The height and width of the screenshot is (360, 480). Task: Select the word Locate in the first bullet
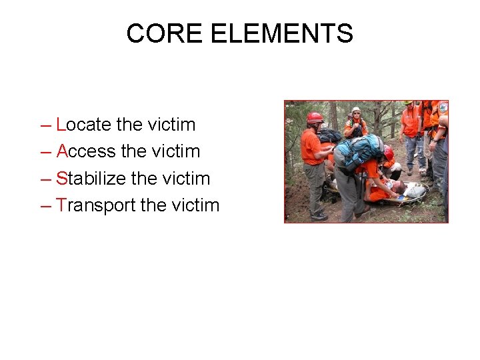[84, 125]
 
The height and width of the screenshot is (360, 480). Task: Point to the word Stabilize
[95, 179]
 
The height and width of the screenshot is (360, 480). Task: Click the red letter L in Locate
[61, 125]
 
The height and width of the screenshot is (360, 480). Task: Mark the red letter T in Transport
[61, 205]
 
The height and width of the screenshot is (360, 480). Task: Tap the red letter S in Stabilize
[61, 179]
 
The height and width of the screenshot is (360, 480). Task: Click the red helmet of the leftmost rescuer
[314, 117]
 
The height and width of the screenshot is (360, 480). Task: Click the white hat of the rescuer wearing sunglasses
[356, 110]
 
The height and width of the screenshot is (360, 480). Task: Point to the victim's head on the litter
[399, 187]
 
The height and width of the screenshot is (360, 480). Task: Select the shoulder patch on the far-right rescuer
[443, 107]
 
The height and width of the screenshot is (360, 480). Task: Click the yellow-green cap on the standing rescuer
[408, 103]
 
